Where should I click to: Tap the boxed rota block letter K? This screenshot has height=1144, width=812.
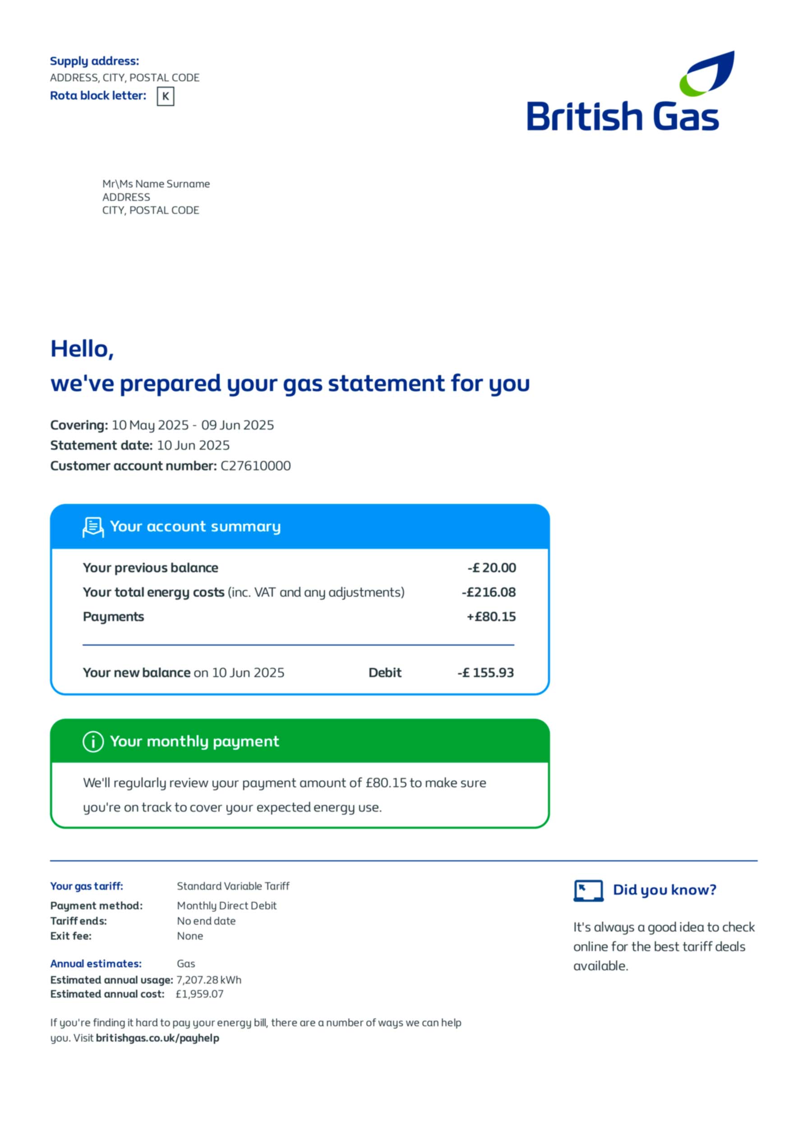[166, 96]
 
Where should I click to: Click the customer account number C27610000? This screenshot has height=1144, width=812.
[255, 466]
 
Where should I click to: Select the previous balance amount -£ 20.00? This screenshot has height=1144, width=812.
[492, 568]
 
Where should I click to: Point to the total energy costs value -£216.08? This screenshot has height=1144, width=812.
[489, 592]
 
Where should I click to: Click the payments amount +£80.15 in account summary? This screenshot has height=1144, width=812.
[491, 617]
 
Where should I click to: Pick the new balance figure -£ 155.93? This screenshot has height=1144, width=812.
[485, 673]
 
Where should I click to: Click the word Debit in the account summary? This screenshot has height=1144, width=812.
[384, 673]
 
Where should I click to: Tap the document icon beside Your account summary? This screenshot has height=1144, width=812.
[93, 527]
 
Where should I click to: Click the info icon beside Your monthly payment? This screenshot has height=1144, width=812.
[93, 742]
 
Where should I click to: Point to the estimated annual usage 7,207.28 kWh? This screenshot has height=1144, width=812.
[209, 980]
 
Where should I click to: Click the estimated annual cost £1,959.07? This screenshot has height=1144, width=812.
[199, 994]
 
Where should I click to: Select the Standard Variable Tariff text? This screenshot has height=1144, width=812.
[233, 886]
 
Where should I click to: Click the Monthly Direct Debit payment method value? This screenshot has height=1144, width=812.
[226, 906]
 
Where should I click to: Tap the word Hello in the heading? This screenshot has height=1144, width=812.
[82, 349]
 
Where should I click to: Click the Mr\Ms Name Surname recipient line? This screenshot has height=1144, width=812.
[156, 184]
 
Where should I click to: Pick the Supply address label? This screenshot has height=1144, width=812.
[94, 61]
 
